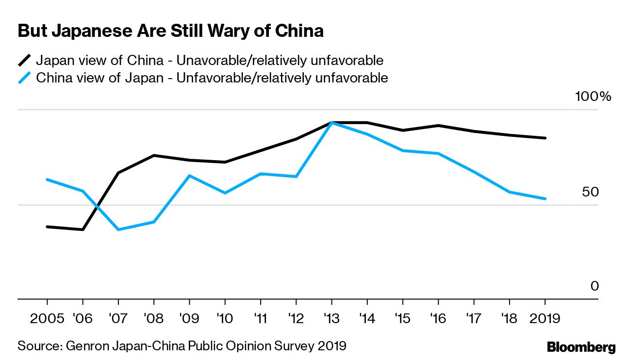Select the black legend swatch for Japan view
25,61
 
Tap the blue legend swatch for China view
25,78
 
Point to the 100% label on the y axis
593,97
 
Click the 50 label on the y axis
591,192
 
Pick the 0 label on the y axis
595,287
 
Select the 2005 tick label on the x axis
47,319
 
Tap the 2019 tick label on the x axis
545,319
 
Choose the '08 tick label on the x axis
153,319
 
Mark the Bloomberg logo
581,347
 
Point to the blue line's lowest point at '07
118,229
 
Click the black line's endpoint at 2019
545,138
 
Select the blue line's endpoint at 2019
545,198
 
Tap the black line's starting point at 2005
47,227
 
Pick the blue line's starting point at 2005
47,180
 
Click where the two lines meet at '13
331,123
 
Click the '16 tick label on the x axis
438,319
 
